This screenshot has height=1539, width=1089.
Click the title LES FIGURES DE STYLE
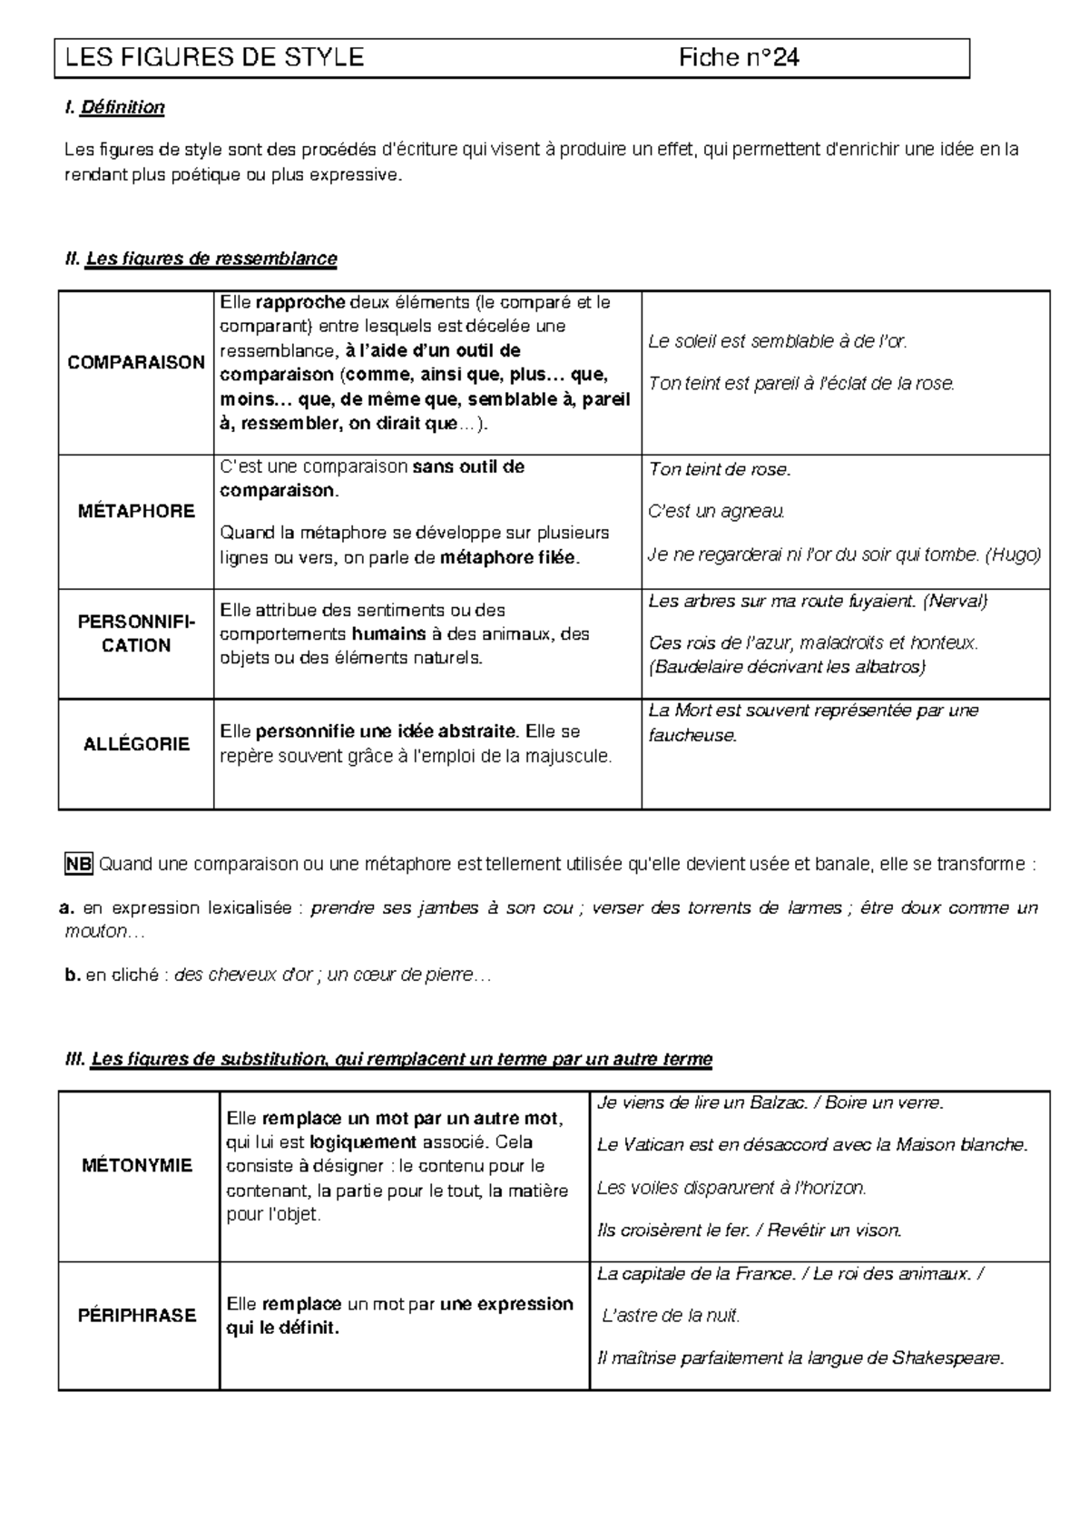214,58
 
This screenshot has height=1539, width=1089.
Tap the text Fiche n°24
739,58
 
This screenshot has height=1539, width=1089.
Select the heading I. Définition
114,108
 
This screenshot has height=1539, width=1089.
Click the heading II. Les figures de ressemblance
201,259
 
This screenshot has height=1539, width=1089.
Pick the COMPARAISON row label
136,362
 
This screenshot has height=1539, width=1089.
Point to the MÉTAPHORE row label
136,511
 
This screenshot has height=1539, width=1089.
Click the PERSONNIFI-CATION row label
136,634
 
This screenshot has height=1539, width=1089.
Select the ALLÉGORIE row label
136,744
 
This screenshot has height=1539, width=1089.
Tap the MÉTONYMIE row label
137,1165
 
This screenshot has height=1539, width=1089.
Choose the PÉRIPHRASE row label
137,1315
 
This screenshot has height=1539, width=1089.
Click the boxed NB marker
78,864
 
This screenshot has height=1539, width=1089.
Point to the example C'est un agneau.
716,512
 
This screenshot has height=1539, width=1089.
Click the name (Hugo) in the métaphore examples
1013,554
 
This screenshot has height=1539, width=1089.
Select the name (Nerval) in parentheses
955,601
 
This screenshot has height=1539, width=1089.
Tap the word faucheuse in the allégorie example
692,735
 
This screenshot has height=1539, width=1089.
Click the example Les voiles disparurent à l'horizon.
731,1187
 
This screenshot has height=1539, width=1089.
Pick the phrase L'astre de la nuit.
672,1315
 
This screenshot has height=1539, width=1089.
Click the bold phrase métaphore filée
508,558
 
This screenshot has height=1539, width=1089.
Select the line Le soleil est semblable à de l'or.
778,341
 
